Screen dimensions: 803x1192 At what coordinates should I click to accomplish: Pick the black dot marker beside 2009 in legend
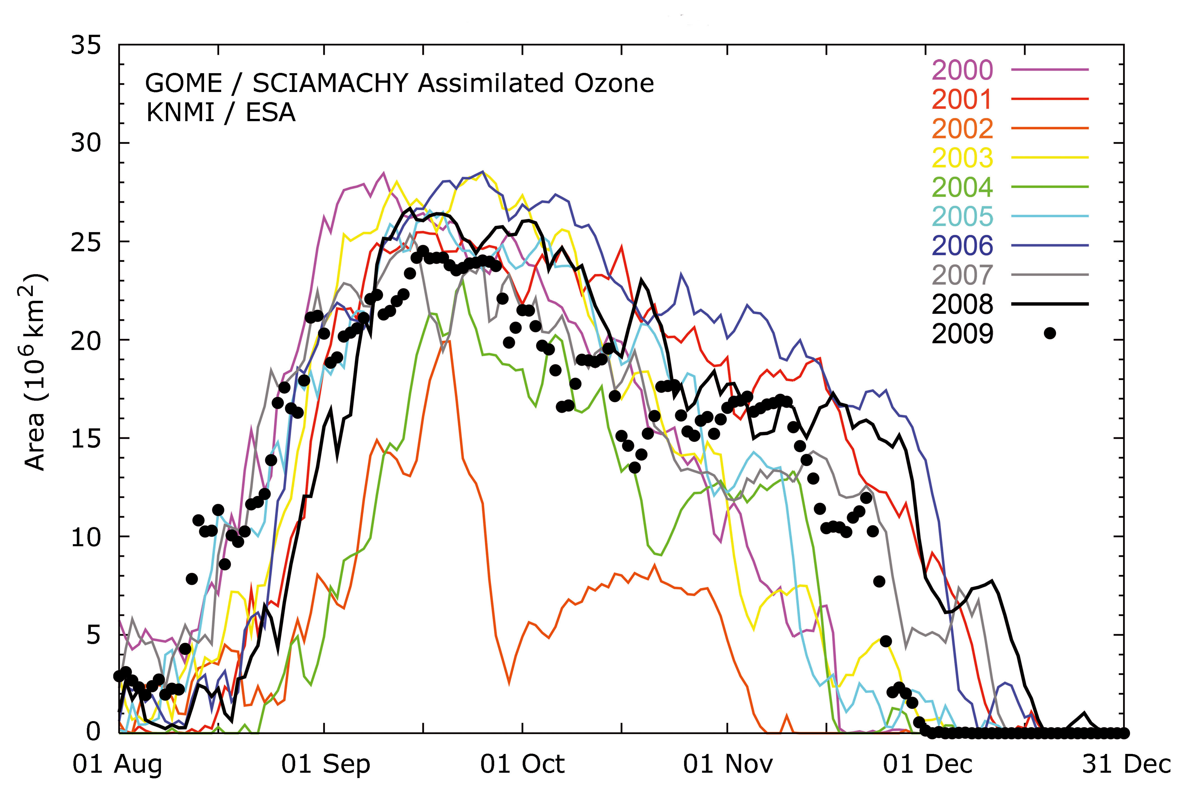click(x=1049, y=333)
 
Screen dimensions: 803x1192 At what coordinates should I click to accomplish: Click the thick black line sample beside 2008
click(x=1049, y=304)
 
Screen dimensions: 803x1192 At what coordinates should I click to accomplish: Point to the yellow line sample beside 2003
click(x=1049, y=158)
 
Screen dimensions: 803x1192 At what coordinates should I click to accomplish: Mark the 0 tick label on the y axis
click(x=93, y=731)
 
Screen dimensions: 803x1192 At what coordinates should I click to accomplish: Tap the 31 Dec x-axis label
click(x=1126, y=765)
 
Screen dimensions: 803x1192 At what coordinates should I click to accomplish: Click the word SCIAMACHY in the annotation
click(x=330, y=84)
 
